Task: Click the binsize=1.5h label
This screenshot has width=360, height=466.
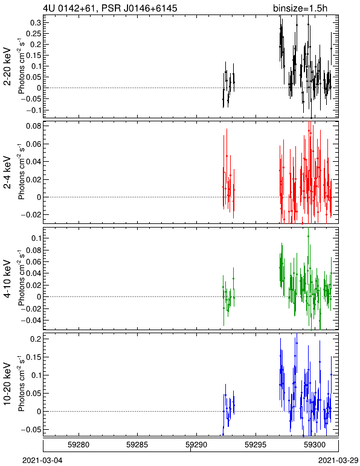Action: [300, 8]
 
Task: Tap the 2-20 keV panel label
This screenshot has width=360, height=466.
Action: [7, 66]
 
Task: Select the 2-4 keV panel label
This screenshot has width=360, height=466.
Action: [7, 173]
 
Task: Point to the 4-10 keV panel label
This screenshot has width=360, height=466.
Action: [7, 279]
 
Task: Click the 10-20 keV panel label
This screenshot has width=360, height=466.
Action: [7, 384]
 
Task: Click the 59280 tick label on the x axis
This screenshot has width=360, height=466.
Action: [79, 445]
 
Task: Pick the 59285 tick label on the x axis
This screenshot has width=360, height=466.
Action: [137, 445]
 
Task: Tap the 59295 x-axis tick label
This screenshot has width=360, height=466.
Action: [256, 445]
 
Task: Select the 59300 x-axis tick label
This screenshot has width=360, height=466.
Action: [315, 445]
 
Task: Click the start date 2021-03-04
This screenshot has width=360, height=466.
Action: [42, 461]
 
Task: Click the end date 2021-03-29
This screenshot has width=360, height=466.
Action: [339, 461]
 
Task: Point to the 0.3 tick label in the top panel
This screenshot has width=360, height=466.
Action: [36, 23]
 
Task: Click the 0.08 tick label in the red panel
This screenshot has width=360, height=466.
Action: [33, 126]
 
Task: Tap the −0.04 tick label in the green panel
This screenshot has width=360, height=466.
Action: [31, 321]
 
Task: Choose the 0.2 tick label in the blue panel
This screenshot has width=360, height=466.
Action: [36, 339]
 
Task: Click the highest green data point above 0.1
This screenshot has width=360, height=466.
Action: [308, 236]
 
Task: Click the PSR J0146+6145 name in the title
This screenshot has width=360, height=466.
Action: [139, 8]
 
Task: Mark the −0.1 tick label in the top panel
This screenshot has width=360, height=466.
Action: [33, 110]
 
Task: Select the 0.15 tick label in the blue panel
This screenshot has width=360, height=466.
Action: [33, 357]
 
